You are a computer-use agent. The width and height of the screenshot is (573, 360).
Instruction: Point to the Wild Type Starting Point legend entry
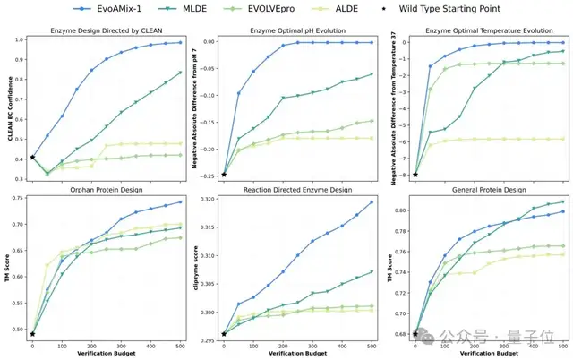(x=494, y=8)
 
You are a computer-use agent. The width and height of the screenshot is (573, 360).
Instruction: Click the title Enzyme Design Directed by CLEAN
(x=108, y=30)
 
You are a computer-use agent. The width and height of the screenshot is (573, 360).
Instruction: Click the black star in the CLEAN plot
(x=33, y=158)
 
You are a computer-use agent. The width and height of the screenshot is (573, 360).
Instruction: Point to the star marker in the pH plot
(x=224, y=175)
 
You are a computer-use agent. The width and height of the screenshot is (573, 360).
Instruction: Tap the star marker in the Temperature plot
(x=415, y=175)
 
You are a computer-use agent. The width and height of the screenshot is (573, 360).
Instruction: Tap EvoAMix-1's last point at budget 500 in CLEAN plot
(x=181, y=42)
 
